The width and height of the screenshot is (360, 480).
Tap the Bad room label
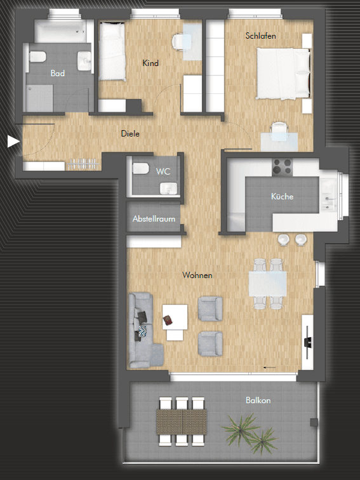click(x=58, y=74)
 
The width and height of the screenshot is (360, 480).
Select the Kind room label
click(x=150, y=63)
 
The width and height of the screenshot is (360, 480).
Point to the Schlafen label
click(x=261, y=36)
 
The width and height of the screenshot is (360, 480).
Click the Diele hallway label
click(x=130, y=134)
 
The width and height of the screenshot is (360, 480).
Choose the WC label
click(x=163, y=171)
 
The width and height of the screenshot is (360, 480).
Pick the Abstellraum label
click(x=154, y=219)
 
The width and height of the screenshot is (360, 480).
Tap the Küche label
click(x=282, y=197)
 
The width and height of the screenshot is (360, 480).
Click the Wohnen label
click(x=197, y=276)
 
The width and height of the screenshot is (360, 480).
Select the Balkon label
click(x=258, y=401)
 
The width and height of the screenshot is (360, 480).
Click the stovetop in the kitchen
click(x=282, y=168)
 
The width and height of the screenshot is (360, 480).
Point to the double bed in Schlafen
click(x=283, y=74)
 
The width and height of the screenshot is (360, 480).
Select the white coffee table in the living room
click(x=175, y=316)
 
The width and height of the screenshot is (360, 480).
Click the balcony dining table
click(x=182, y=420)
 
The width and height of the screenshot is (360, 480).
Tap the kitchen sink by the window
click(x=330, y=192)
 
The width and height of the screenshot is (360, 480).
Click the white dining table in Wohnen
click(x=267, y=283)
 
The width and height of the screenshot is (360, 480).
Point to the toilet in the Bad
click(x=37, y=57)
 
